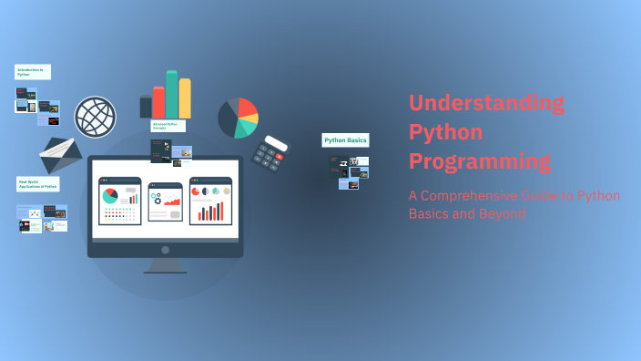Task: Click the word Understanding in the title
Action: click(x=486, y=103)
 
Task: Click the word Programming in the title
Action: click(x=480, y=161)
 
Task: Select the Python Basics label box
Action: click(x=345, y=140)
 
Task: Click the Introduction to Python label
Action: click(x=33, y=71)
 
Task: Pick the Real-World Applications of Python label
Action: click(x=38, y=184)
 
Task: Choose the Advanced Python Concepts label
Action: click(x=168, y=126)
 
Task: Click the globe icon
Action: click(x=95, y=117)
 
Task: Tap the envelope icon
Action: click(x=61, y=156)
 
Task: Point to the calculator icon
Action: click(x=270, y=153)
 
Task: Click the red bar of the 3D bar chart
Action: click(x=158, y=102)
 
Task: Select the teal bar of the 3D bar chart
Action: click(x=171, y=94)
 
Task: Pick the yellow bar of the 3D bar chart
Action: click(x=185, y=98)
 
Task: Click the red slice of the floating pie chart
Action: click(x=246, y=110)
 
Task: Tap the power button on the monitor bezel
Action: click(x=165, y=249)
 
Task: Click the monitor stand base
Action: click(x=165, y=270)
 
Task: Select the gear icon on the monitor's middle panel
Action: click(x=156, y=196)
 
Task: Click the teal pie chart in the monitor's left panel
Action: click(x=110, y=196)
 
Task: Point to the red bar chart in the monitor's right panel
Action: click(x=211, y=212)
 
